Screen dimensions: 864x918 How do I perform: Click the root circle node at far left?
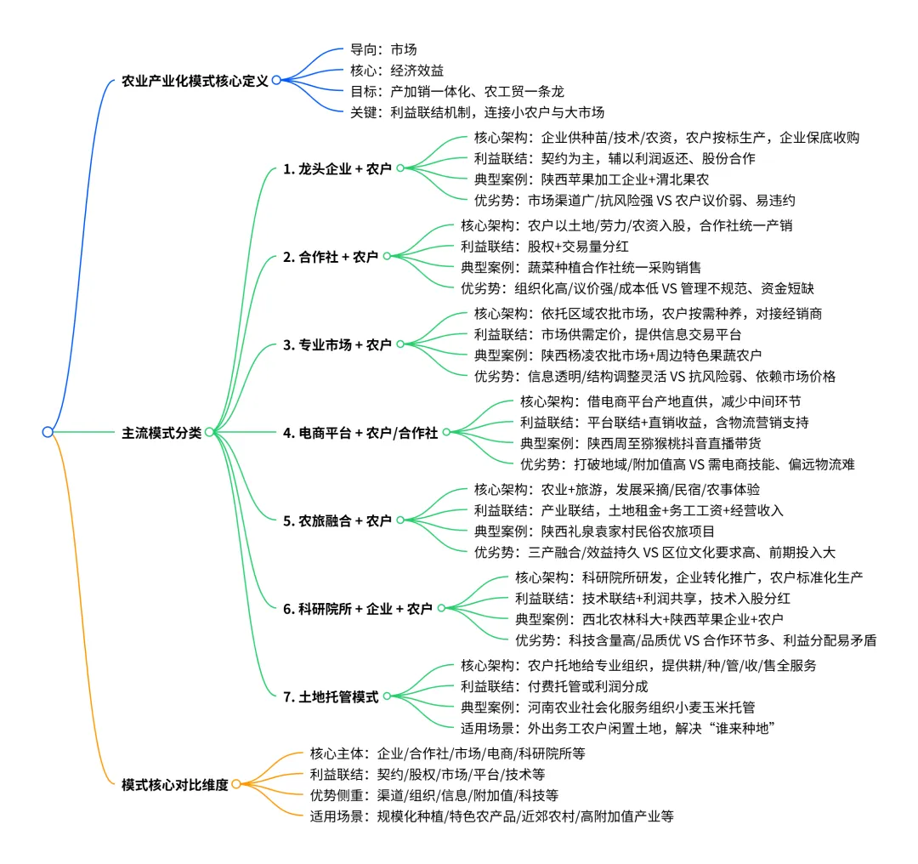48,432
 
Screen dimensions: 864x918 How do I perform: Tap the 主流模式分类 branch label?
161,433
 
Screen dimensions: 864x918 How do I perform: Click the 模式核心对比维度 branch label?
175,785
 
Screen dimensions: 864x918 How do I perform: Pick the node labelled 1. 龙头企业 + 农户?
337,169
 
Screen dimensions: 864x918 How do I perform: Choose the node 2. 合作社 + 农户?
331,256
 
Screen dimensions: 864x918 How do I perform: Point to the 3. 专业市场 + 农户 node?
337,344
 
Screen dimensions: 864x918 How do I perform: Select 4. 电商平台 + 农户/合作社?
360,433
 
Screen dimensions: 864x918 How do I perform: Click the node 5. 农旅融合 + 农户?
337,520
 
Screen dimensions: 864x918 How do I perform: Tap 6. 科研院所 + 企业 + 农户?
358,609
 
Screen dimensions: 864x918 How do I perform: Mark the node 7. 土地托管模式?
331,696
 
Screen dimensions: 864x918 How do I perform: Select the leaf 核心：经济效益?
397,71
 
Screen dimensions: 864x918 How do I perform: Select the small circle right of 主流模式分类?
209,432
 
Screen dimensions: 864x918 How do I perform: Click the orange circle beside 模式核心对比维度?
236,785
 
